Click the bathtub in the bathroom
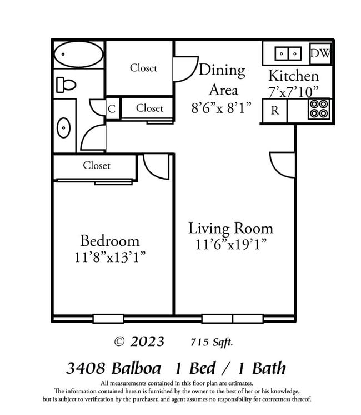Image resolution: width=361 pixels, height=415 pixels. pos(78,54)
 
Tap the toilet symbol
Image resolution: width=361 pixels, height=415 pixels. pos(66,85)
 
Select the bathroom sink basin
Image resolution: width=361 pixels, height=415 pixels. pos(64,127)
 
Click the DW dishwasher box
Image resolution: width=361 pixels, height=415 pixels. pos(320,53)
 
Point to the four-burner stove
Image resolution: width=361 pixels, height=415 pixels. pos(319,109)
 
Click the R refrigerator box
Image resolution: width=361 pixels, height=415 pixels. pos(274,110)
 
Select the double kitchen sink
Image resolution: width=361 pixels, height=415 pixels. pos(288,54)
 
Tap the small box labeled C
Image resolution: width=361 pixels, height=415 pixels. pos(112,109)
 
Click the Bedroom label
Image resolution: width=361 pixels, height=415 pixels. pos(110,241)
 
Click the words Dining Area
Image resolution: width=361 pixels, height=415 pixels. pos(222,80)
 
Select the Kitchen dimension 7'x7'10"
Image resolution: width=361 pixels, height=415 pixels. pos(293,91)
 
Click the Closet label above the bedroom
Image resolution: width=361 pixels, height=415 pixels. pos(97,165)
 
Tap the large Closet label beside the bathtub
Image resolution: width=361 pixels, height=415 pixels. pos(143,68)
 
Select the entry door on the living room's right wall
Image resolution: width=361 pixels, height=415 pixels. pos(283,165)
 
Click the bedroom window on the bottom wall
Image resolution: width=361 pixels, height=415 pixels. pos(108,319)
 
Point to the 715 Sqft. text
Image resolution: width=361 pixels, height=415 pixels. pos(212,342)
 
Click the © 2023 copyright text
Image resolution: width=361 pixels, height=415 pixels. pos(139,341)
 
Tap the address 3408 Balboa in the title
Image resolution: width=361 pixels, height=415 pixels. pos(113,368)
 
